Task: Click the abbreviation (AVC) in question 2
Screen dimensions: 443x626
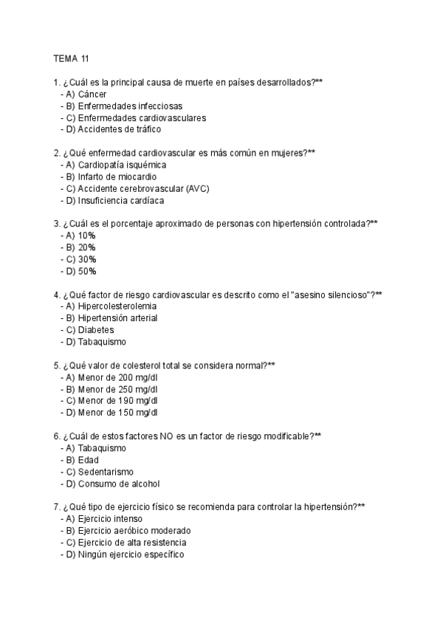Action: [x=198, y=189]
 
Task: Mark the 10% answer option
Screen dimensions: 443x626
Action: [x=86, y=236]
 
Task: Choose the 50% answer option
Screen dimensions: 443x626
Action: [x=86, y=272]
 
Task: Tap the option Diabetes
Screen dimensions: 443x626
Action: [x=96, y=331]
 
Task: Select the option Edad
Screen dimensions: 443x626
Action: [x=88, y=461]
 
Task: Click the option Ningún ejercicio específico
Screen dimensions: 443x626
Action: [x=130, y=555]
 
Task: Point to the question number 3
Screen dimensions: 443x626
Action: [x=57, y=224]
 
